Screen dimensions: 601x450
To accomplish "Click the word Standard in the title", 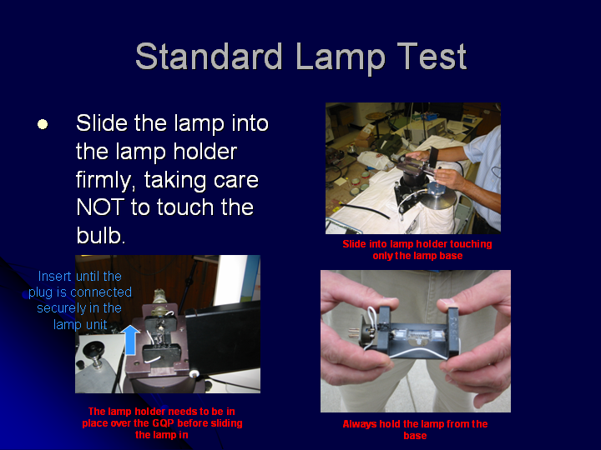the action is click(209, 57).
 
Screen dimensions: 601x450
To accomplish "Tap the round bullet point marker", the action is click(43, 124).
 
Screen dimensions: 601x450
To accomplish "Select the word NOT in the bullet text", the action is click(99, 207).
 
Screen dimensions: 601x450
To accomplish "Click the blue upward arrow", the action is click(131, 340).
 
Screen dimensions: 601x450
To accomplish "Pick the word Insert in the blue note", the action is click(54, 277).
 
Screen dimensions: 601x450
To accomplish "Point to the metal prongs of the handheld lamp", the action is click(355, 332).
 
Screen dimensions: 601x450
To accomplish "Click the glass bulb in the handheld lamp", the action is click(417, 334).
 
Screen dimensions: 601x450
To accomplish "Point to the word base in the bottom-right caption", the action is click(415, 436).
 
